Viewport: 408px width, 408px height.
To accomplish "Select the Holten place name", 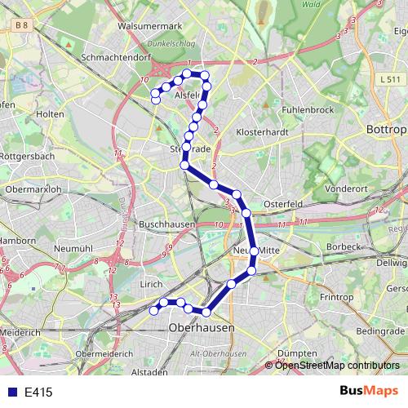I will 51,114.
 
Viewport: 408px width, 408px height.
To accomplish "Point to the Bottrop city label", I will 386,130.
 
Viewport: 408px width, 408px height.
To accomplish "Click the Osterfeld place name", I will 283,204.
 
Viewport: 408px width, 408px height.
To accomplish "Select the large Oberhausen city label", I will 200,327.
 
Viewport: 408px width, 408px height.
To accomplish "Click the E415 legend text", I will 38,392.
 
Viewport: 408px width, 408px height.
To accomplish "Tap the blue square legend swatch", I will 12,392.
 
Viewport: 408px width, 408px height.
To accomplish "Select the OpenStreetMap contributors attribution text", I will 337,366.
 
